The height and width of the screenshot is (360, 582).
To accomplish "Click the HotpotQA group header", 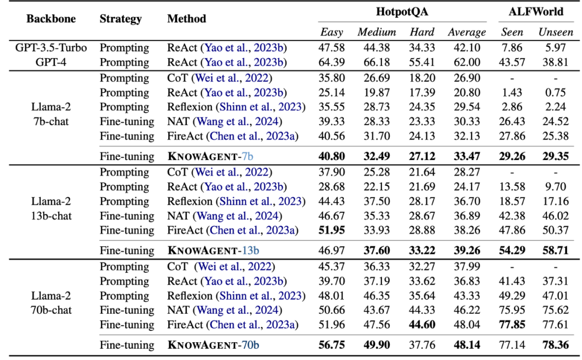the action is [402, 11].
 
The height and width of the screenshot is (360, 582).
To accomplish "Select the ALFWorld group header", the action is [536, 11].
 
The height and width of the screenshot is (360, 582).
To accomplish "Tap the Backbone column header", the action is [51, 18].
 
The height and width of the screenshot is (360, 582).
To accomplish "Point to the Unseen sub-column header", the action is [556, 32].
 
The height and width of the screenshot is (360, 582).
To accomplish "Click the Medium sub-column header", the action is [376, 32].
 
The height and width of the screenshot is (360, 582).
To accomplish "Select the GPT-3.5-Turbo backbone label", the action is [51, 48].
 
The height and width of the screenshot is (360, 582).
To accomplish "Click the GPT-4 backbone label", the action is [51, 63].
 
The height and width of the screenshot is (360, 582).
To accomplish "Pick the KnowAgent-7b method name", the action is [210, 156].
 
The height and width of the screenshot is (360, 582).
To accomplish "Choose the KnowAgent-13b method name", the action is [213, 251].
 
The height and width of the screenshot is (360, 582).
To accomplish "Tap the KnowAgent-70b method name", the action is [213, 345].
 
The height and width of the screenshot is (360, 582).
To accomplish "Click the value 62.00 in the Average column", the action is [467, 63].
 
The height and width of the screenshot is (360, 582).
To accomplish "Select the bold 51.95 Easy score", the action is [331, 230].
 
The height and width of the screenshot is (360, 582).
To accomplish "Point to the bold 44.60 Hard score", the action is [422, 325].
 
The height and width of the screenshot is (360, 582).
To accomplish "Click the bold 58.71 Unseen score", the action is [555, 251].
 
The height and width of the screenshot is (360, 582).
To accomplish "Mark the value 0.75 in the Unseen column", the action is [555, 92].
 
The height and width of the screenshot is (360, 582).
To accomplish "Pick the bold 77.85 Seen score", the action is [512, 325].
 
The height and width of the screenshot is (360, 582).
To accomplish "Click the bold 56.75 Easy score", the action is [331, 345].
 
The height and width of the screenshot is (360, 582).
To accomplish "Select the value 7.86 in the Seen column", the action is [512, 48].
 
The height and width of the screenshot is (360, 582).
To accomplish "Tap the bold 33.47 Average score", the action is [467, 156].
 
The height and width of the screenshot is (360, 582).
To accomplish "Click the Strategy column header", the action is [121, 19].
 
